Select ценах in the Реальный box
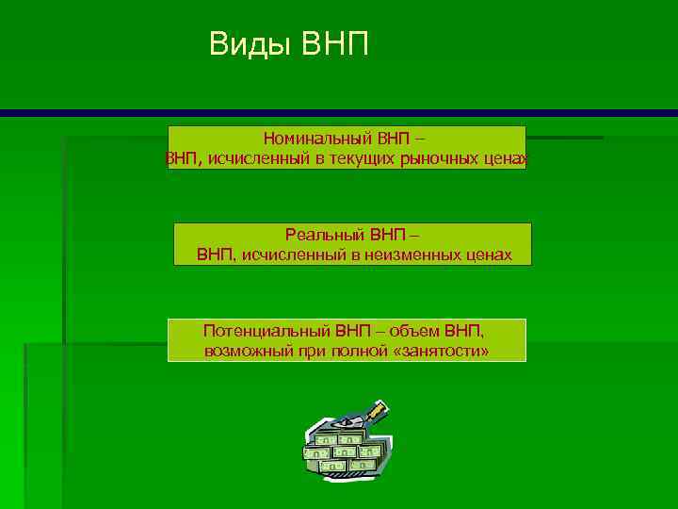pos(489,254)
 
